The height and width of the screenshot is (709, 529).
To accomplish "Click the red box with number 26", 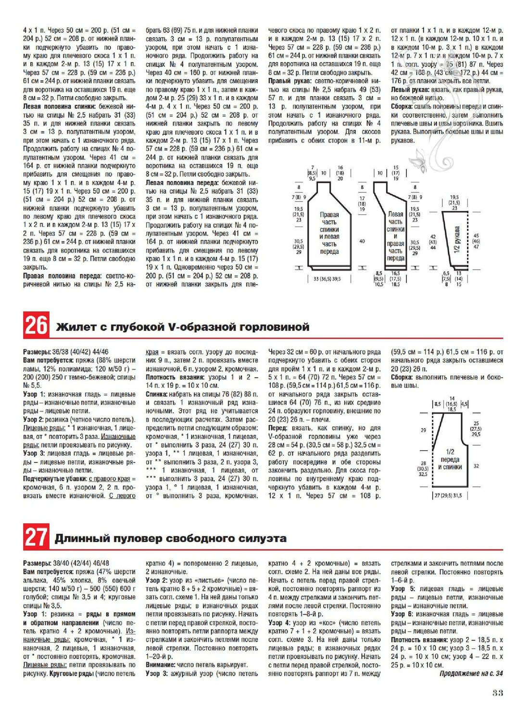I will click(36, 325).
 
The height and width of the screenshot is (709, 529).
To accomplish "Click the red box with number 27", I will click(36, 537).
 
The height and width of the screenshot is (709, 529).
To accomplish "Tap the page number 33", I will click(497, 693).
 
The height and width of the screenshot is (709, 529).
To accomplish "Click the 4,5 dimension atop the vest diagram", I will click(464, 404).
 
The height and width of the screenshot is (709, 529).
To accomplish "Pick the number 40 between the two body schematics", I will click(362, 241).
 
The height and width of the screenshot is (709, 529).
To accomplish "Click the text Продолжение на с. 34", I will click(471, 673).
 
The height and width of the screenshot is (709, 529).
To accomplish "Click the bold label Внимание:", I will click(160, 665).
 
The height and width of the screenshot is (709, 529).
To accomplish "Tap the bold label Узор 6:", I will click(403, 614).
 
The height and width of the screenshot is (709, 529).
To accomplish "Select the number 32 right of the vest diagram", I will click(476, 466).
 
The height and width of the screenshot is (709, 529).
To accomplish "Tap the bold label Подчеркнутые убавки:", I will click(55, 479).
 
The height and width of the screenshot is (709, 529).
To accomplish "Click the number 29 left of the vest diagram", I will click(423, 430).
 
